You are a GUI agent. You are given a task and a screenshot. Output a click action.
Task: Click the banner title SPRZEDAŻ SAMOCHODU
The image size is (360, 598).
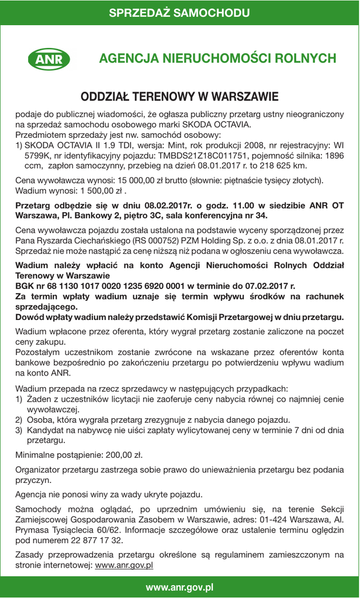[x=179, y=13]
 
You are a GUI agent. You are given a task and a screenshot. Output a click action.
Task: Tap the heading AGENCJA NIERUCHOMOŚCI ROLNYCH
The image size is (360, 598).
[x=217, y=58]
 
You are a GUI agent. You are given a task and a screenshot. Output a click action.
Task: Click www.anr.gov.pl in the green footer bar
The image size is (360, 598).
[x=179, y=587]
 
